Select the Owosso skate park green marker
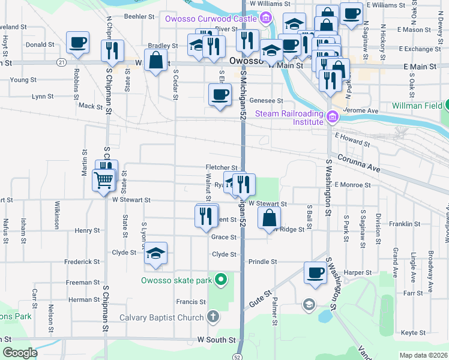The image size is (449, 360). point(221,280)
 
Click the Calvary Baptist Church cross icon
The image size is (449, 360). point(213,317)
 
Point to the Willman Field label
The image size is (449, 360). point(417,106)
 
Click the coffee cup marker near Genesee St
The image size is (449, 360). point(220,94)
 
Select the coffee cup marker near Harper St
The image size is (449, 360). point(315,273)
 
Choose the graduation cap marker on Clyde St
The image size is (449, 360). point(155,253)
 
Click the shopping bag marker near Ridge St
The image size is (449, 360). point(270,218)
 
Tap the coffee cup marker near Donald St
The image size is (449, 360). point(77,43)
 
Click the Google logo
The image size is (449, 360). point(20,353)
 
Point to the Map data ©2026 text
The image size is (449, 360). point(423,355)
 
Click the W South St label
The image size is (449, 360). point(214,340)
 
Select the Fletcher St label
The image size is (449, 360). point(221,167)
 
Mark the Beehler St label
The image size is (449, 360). point(140,17)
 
